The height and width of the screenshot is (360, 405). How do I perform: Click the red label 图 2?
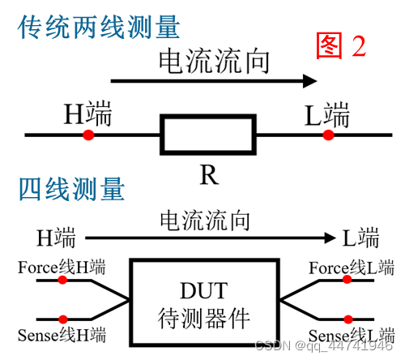coord(341,47)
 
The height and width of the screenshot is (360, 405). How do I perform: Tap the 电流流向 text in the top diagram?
coord(213,62)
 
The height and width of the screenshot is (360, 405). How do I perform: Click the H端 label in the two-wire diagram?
coord(87,116)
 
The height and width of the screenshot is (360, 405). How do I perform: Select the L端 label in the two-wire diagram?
coord(327,116)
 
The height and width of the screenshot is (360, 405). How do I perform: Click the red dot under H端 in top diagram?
coord(87,135)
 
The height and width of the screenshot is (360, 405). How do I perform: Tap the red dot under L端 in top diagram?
coord(327,135)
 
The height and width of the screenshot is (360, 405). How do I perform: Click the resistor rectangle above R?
coord(209,135)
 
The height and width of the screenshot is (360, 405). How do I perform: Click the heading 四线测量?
coord(71,190)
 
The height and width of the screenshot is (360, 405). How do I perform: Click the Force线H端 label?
coord(62,267)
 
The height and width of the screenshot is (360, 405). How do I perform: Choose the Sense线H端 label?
coord(62,334)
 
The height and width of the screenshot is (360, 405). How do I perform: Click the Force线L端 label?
coord(352,267)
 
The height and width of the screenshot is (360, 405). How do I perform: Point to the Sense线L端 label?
coord(352,334)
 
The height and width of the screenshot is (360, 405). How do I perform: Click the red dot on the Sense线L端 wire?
coord(347,318)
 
